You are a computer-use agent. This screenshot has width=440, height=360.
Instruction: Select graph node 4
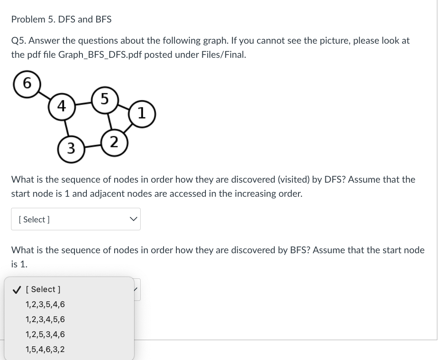click(62, 106)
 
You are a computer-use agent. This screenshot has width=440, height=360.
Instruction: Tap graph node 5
click(104, 99)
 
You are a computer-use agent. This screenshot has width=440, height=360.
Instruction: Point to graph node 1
click(141, 113)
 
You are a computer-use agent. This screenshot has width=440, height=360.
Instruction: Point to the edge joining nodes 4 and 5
click(83, 103)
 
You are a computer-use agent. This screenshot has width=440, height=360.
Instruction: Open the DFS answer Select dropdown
click(75, 219)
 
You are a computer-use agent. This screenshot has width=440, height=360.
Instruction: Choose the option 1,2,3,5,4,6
click(45, 304)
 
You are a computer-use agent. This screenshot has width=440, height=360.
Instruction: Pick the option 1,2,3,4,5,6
click(45, 319)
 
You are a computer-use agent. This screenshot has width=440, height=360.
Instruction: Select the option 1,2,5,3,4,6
click(45, 334)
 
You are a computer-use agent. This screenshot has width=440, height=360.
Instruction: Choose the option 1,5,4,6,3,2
click(45, 349)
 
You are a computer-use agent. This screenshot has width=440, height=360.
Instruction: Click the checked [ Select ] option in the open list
click(43, 289)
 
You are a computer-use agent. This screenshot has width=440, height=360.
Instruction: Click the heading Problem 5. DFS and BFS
click(61, 19)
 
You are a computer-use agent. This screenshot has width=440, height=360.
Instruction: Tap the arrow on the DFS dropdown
click(133, 219)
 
